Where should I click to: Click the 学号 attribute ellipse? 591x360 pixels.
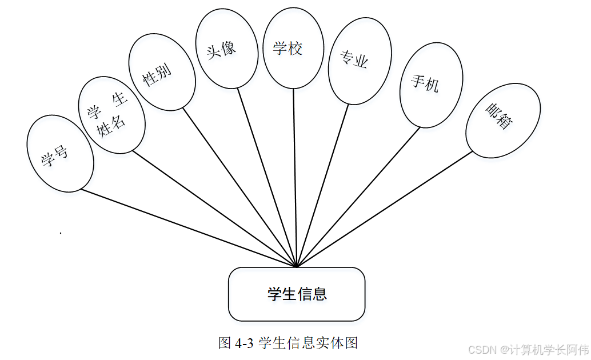coord(60,153)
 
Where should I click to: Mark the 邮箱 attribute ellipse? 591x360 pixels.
coord(503,121)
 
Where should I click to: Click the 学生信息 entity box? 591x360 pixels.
coord(297,294)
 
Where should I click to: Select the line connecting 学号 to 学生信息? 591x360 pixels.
coord(189,228)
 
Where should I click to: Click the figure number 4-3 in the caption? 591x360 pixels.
coord(243,343)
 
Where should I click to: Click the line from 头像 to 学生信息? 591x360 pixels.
coord(267,177)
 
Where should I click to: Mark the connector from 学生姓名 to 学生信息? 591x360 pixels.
coord(214,209)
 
